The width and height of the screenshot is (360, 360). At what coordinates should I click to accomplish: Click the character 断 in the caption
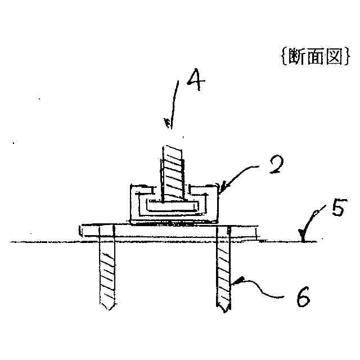click(297, 57)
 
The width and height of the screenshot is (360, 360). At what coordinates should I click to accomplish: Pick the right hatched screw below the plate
click(224, 270)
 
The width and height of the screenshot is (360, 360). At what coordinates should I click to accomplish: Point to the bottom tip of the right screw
click(224, 310)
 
